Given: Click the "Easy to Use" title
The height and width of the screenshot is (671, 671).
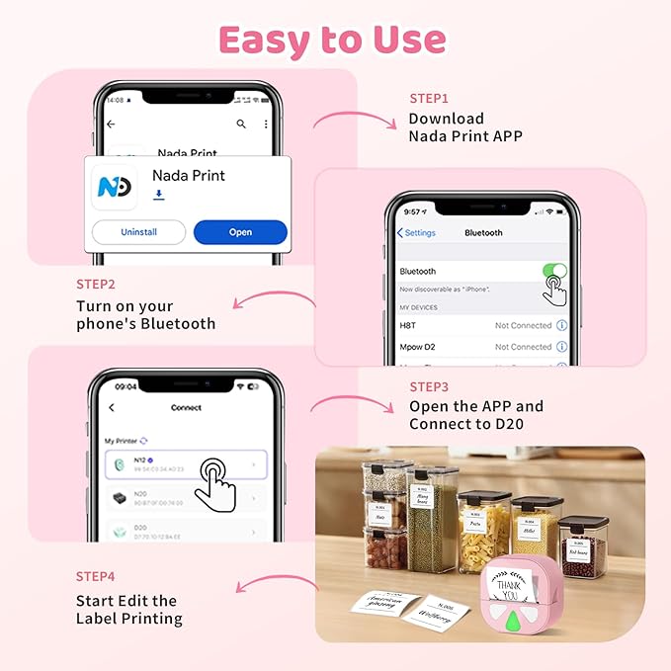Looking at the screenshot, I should (332, 40).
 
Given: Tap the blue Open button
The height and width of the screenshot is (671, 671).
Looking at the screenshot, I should (240, 232).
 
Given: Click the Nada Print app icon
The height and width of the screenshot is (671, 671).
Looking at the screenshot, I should (114, 186).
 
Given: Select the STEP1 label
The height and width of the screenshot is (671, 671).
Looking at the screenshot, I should (429, 99).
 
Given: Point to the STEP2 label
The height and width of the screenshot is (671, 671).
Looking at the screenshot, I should (96, 284).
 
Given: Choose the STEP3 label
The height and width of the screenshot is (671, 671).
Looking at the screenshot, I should (429, 386).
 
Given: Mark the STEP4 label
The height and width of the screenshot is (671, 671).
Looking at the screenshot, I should (96, 576).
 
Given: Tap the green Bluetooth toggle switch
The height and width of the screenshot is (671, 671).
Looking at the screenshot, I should (554, 271).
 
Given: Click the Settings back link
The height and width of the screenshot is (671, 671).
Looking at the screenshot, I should (416, 233).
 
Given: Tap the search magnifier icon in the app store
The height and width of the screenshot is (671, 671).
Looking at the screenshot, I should (241, 124).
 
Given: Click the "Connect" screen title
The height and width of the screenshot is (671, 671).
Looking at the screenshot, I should (186, 407).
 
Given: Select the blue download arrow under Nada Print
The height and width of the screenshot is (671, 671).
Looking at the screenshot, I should (158, 196).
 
